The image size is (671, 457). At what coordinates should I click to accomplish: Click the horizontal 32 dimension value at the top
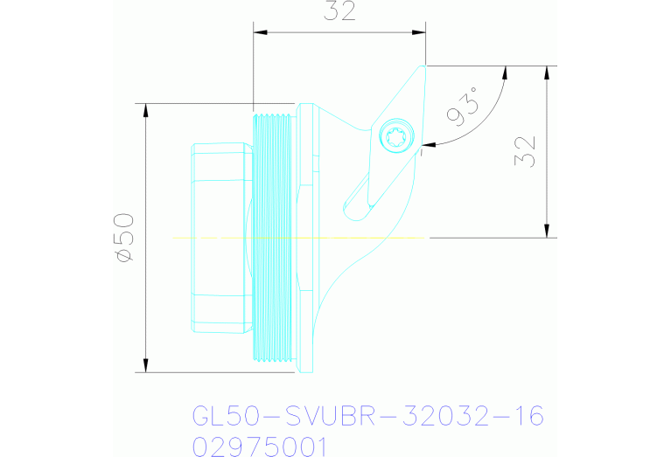339,12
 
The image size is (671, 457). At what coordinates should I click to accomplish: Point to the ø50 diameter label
123,237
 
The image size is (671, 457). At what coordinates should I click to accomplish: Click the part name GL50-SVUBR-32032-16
367,414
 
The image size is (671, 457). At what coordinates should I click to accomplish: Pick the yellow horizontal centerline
297,237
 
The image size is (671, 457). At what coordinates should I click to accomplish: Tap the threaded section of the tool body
273,236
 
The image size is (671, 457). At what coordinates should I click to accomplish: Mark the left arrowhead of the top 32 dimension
259,32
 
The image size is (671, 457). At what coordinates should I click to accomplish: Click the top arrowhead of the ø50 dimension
146,109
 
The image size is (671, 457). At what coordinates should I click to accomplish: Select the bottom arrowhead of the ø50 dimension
146,365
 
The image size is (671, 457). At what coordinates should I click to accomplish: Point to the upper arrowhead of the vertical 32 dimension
548,72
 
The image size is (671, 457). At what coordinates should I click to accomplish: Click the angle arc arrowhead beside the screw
425,143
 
